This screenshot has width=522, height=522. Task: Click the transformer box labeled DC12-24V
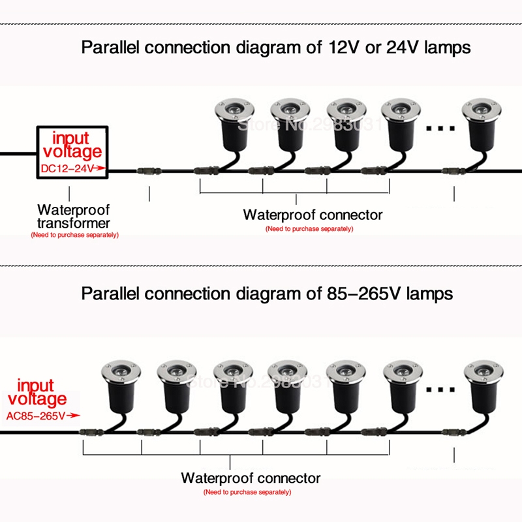point(72,152)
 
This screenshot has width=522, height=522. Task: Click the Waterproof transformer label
point(74,217)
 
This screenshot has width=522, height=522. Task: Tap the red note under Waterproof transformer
point(74,234)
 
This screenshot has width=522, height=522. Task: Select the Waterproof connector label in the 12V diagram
point(313,215)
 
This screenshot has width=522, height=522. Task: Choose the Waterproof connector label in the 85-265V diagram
point(251,478)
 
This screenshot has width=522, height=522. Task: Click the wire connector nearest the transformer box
point(149,172)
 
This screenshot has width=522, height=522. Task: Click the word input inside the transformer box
point(70,138)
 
